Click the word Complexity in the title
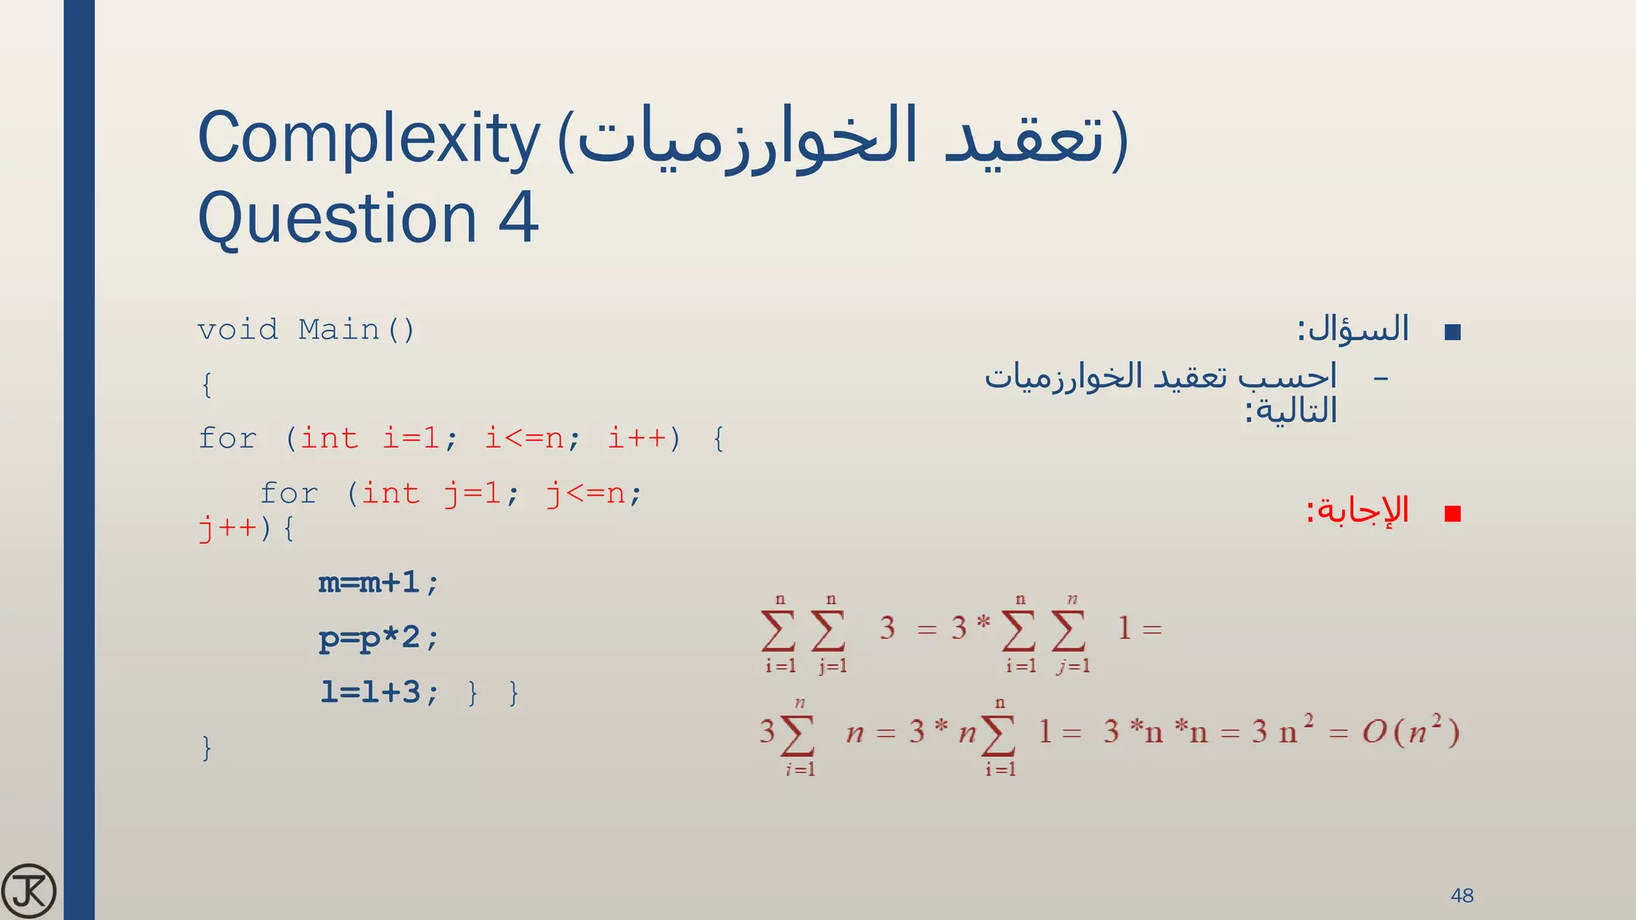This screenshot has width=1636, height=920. click(369, 139)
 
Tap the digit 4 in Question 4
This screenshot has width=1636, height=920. click(518, 218)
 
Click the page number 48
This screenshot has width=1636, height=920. click(1462, 895)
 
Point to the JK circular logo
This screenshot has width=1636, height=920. click(29, 891)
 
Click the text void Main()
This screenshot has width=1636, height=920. click(306, 330)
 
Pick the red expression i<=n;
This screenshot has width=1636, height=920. click(533, 438)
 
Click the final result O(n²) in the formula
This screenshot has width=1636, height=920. click(1411, 731)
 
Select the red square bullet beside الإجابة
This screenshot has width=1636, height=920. click(1453, 514)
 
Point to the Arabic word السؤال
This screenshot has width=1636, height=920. click(1360, 328)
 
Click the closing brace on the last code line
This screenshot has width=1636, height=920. click(207, 747)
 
